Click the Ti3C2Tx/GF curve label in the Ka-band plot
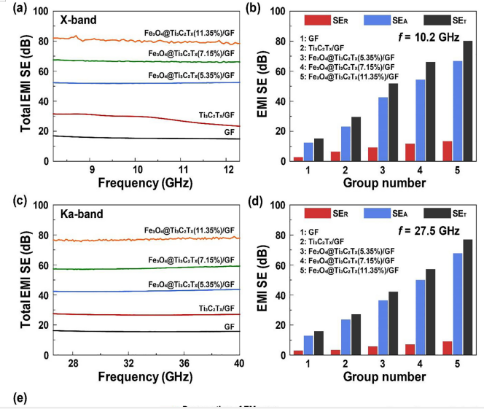click(x=218, y=308)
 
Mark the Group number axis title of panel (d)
click(x=372, y=376)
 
